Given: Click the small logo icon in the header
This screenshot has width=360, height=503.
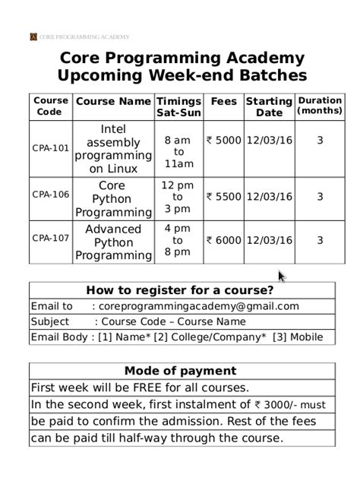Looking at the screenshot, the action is [x=33, y=36].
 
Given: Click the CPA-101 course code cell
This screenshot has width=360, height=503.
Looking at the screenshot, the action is [x=51, y=148].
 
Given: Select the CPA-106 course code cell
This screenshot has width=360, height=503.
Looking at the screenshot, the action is [x=51, y=195].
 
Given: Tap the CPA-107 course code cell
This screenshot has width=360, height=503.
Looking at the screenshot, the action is [x=51, y=238].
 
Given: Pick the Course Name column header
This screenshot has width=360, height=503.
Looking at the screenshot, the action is [x=113, y=101].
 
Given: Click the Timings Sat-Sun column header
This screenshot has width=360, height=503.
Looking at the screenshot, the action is [x=178, y=106].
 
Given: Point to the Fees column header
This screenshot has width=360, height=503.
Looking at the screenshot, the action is [x=223, y=101].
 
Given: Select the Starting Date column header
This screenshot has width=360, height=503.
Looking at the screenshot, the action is [x=269, y=106].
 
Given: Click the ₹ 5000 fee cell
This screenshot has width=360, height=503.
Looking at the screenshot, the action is [x=223, y=141].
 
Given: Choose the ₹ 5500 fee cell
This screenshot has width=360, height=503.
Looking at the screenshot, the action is [x=223, y=197].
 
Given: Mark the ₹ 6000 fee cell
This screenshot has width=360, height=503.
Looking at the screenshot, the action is [x=223, y=240].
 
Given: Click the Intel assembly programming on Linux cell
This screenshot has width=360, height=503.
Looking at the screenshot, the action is [x=113, y=149].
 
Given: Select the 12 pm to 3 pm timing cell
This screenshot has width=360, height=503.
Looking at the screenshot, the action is [x=178, y=197].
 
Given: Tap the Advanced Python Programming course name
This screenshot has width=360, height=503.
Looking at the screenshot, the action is [x=113, y=242].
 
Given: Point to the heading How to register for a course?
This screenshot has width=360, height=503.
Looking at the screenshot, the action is [x=180, y=290].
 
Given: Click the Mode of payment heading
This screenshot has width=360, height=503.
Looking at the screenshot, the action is [x=180, y=371].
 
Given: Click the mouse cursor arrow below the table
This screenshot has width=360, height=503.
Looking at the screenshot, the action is [x=281, y=276].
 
